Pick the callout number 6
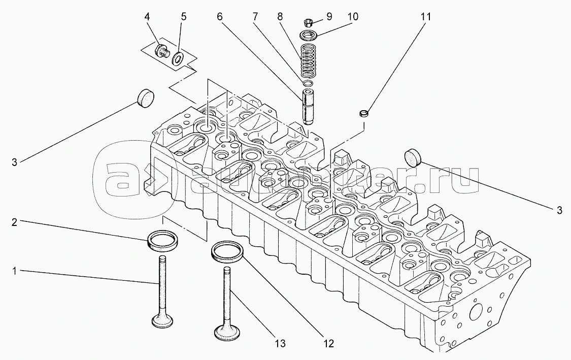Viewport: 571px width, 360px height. pos(220,16)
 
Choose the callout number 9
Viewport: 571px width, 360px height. pos(329,17)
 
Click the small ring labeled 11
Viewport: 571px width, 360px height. pos(363,113)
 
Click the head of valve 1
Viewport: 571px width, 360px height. pos(163,321)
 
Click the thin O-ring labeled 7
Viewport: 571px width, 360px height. pos(307,82)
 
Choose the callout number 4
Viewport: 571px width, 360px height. pos(147,16)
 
